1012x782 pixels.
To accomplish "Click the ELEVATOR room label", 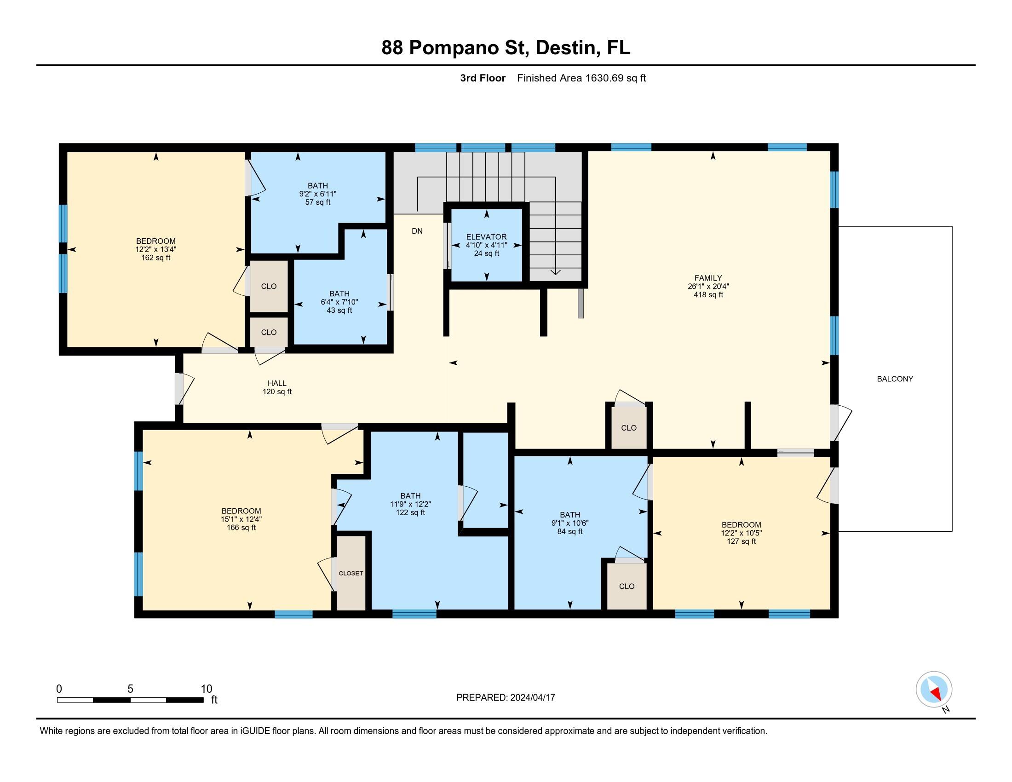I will tap(486, 237).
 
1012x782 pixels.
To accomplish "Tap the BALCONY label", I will tap(895, 379).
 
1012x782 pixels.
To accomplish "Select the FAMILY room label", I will tap(707, 278).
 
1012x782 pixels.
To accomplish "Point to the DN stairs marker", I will tap(417, 231).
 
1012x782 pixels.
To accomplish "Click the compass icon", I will tap(934, 689).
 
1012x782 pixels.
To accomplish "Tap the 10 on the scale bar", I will tap(206, 689).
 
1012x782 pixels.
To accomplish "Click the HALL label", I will tap(276, 383).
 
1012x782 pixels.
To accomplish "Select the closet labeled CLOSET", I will tap(351, 573).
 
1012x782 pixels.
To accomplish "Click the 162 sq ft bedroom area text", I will tap(155, 258).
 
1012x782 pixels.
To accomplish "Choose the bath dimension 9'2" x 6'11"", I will tap(317, 194).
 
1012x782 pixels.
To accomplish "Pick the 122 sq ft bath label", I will tap(410, 512).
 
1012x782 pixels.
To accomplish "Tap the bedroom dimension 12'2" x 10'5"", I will tap(741, 533).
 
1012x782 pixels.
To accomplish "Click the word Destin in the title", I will tap(567, 48).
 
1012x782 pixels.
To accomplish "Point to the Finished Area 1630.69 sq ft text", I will tap(581, 78).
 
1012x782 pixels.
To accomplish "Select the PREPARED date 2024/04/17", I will tap(532, 697).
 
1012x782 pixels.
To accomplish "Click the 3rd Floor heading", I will tap(483, 78).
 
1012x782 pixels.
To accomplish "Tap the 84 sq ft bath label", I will tap(569, 531).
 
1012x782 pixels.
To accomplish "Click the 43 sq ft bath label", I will tap(339, 310).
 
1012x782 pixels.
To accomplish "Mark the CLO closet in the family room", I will tap(628, 428).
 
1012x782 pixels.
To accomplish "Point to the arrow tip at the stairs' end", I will tap(555, 274).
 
